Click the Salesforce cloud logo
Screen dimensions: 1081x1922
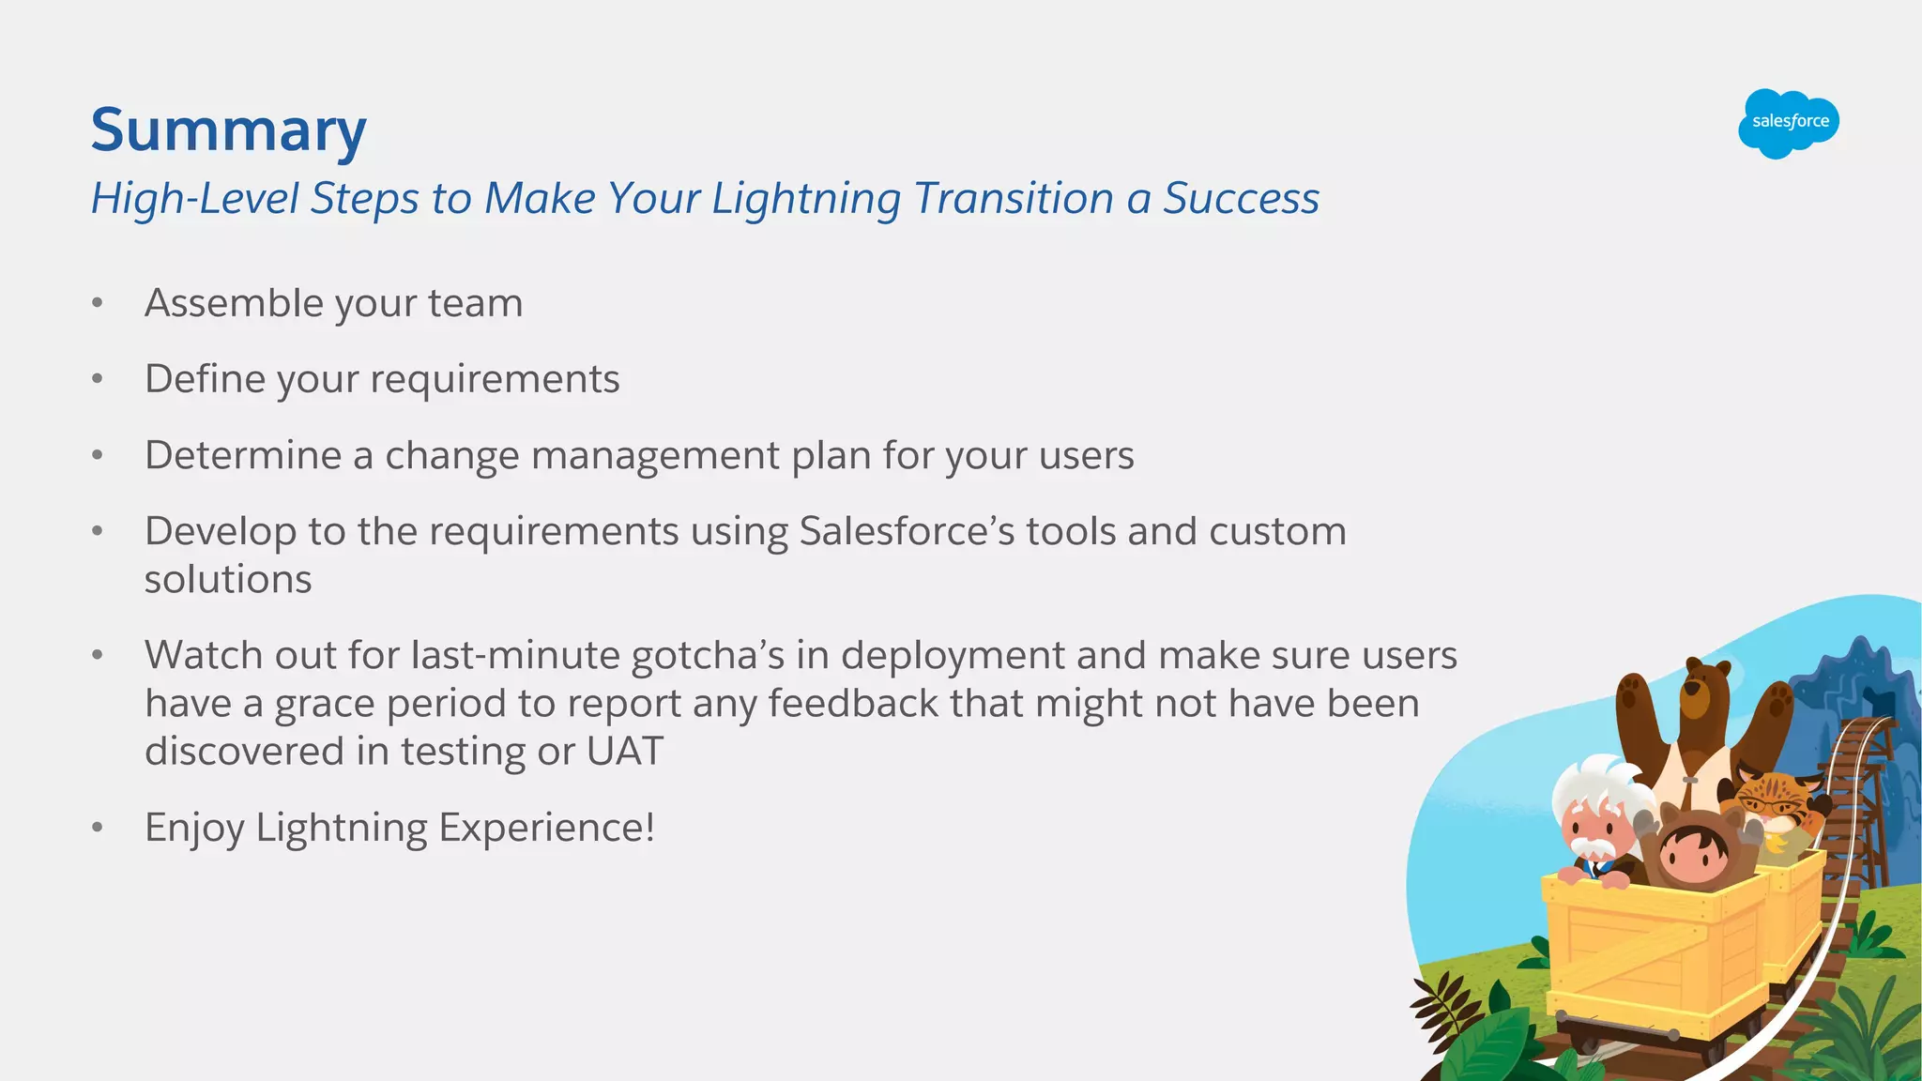pos(1789,123)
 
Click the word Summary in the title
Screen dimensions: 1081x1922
pos(228,129)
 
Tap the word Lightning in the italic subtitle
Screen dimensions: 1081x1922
pos(805,199)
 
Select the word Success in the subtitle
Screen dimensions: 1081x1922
pos(1241,199)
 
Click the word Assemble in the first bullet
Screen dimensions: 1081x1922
pos(234,303)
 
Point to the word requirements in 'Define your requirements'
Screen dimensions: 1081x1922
pos(495,380)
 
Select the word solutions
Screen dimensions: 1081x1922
pos(228,579)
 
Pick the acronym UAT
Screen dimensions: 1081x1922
pos(624,751)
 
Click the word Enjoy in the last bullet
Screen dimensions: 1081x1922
pos(194,829)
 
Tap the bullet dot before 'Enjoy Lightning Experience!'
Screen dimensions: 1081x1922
pos(97,828)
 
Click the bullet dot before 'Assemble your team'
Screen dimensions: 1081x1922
pos(97,303)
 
